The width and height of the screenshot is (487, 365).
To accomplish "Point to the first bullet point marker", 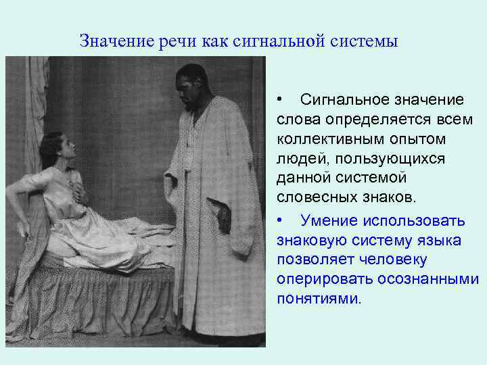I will pyautogui.click(x=280, y=100).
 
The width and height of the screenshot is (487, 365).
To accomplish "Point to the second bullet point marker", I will pyautogui.click(x=280, y=220).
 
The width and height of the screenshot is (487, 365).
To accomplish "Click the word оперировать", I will pyautogui.click(x=317, y=278).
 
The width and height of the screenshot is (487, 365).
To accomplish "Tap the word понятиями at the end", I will pyautogui.click(x=319, y=298).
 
